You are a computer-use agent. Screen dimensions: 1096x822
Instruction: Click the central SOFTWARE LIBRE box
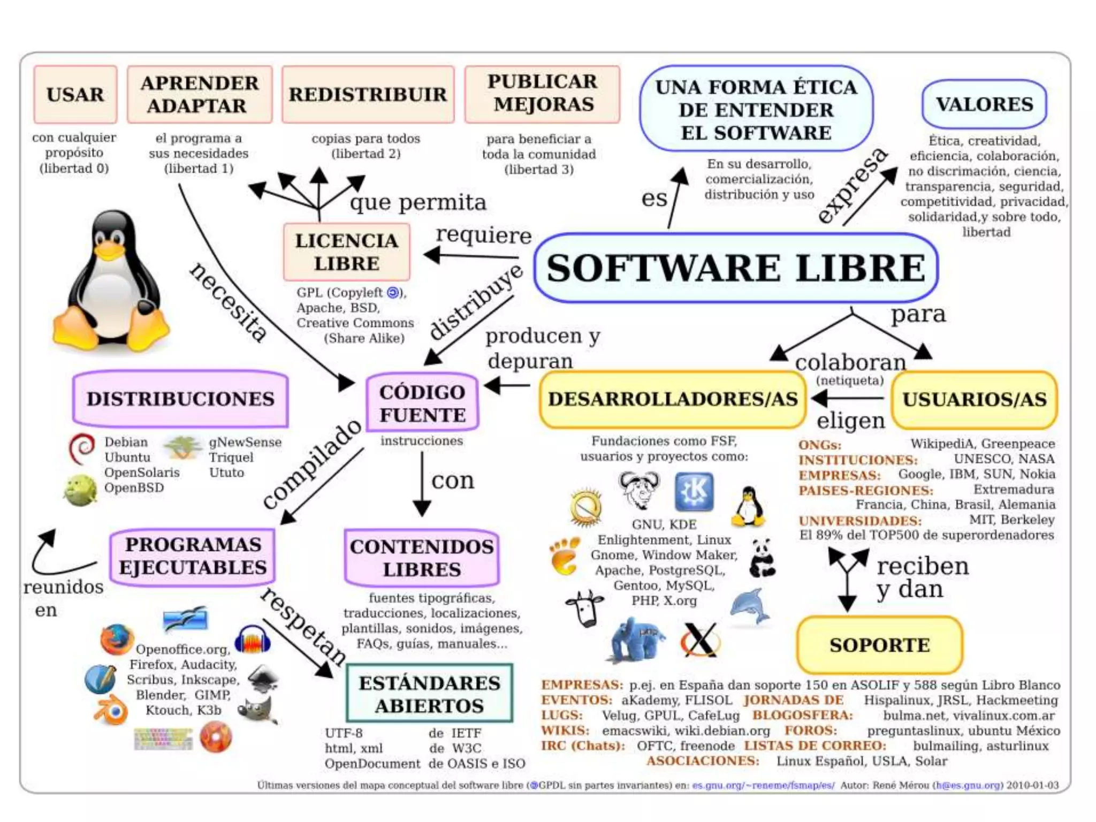[x=736, y=268]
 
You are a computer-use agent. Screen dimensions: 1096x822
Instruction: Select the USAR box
[x=75, y=94]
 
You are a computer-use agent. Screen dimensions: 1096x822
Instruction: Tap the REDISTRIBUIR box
[x=368, y=94]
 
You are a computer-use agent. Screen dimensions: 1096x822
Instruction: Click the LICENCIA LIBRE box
[x=347, y=252]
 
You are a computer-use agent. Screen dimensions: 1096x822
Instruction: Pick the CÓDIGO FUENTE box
[x=422, y=403]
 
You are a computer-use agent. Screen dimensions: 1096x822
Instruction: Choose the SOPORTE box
[x=879, y=645]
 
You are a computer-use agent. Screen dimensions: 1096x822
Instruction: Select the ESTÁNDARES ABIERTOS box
[x=429, y=694]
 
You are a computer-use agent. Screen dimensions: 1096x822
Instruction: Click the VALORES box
[x=984, y=104]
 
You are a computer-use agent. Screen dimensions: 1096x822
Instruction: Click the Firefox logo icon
[x=117, y=639]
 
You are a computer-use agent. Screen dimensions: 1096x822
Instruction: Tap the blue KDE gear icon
[x=694, y=491]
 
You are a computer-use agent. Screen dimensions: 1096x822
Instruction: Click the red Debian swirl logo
[x=82, y=448]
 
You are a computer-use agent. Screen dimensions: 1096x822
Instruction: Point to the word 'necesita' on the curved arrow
[x=229, y=302]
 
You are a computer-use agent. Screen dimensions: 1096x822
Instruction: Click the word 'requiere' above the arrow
[x=483, y=235]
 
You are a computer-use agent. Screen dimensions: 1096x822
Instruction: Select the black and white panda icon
[x=762, y=558]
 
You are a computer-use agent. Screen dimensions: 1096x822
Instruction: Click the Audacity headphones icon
[x=253, y=639]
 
